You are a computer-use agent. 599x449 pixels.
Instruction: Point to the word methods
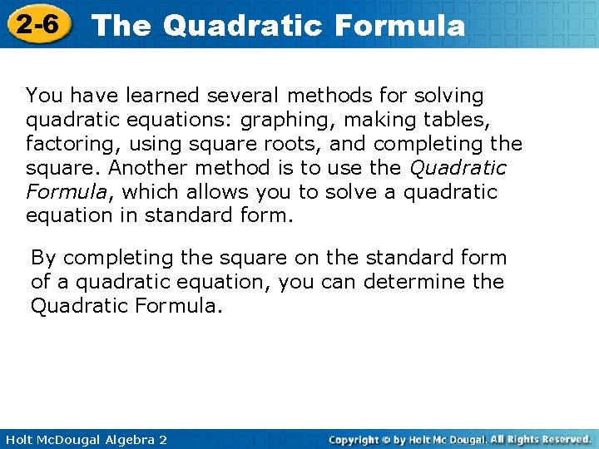(x=324, y=96)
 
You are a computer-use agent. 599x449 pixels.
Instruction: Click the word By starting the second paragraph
(x=43, y=258)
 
